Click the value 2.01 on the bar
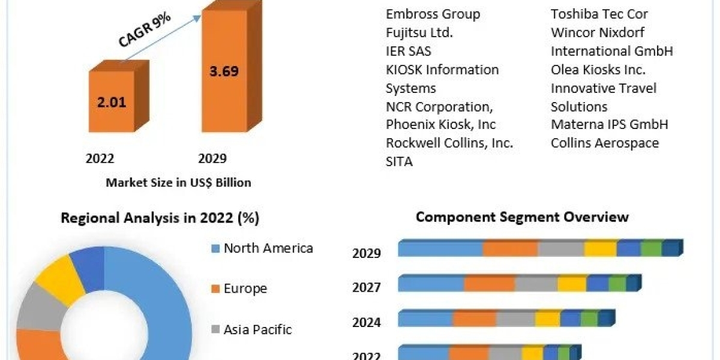[112, 101]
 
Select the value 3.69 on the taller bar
[224, 71]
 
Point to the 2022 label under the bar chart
[100, 158]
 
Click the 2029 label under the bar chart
[212, 158]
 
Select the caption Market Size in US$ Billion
[178, 182]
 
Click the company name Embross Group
[433, 14]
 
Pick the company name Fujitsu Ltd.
[419, 32]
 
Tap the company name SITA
[399, 161]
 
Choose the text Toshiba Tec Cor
[599, 14]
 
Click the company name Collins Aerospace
[604, 143]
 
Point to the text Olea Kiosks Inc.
[598, 70]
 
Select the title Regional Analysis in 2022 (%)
[160, 218]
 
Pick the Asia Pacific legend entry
[257, 329]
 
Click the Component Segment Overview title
[522, 217]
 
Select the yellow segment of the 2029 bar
[600, 249]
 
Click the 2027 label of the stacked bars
[366, 288]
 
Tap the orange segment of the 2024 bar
[475, 319]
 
